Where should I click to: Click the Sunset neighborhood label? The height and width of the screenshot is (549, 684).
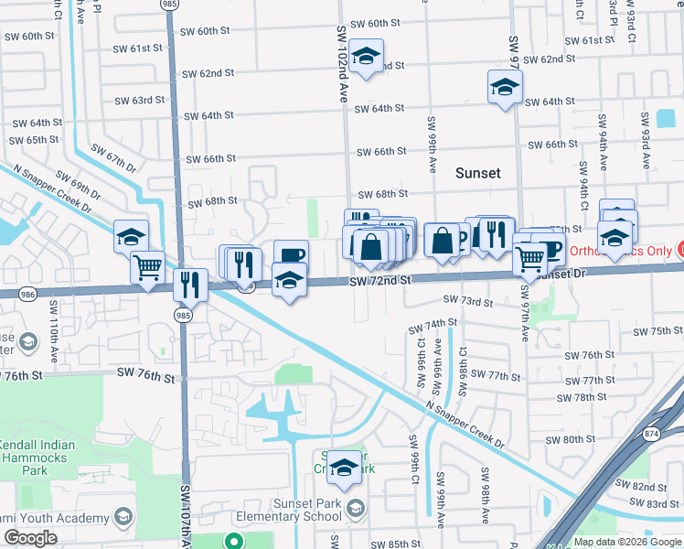(x=479, y=172)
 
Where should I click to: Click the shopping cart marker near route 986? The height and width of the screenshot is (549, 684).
(x=147, y=267)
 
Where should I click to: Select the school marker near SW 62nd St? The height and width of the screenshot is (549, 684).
(x=366, y=57)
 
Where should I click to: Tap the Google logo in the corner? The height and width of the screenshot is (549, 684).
(x=29, y=538)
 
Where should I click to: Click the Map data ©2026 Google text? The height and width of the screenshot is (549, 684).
(x=627, y=542)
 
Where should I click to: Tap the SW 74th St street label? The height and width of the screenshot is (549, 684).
(x=433, y=326)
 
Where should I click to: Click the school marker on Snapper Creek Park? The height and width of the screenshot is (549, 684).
(x=344, y=466)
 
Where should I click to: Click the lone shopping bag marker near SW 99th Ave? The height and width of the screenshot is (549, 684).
(x=442, y=242)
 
